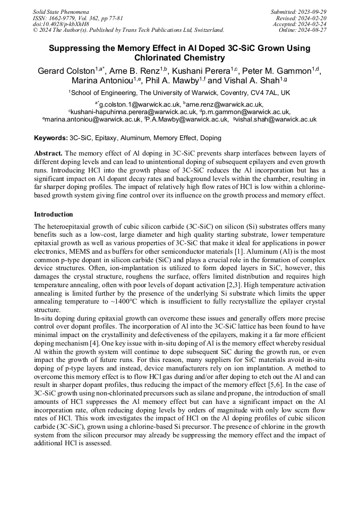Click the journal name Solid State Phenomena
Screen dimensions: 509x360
pos(61,11)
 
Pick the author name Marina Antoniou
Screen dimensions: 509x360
pos(102,81)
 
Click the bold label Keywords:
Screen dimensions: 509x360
pos(51,138)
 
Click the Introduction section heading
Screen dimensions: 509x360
pos(54,214)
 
